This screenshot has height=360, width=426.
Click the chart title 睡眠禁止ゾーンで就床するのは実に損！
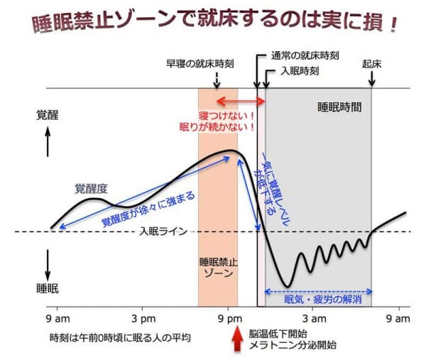tap(214, 22)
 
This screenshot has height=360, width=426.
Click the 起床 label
tap(372, 63)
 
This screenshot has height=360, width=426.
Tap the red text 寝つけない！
tap(228, 115)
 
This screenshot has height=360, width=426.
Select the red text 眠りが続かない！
tap(228, 128)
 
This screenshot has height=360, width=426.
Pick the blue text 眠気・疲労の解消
tap(323, 300)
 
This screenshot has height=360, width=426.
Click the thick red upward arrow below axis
tap(237, 338)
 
